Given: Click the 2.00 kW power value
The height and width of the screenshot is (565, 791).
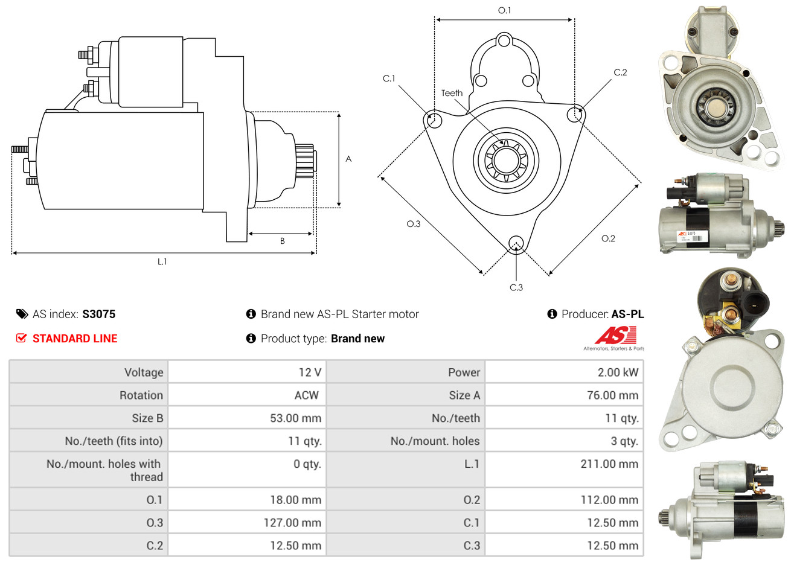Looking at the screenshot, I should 618,372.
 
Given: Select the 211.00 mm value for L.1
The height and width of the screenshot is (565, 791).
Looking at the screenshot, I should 609,464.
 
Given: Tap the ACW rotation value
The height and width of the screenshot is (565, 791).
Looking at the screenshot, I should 306,395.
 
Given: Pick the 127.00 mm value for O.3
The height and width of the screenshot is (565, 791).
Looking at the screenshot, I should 292,523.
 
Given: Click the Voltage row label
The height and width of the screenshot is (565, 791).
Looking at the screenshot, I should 144,372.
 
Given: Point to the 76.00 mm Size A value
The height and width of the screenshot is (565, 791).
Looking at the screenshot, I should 612,395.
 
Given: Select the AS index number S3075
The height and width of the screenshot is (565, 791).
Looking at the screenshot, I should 98,314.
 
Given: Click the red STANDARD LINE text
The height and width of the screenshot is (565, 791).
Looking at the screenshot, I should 75,339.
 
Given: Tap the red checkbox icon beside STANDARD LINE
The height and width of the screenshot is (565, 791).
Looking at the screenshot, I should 21,338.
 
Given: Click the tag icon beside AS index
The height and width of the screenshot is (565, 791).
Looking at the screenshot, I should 22,314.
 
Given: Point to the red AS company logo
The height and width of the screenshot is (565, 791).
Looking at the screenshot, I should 615,336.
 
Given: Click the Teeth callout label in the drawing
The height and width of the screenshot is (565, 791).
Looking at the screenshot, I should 452,93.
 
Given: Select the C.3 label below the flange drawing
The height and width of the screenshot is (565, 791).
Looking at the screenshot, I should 516,287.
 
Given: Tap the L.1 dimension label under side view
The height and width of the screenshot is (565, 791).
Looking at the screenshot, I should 162,261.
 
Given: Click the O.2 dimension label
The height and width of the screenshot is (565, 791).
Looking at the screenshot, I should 608,238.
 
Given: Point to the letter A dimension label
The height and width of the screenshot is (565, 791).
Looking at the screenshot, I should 348,159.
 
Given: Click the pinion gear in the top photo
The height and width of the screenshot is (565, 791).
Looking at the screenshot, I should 714,109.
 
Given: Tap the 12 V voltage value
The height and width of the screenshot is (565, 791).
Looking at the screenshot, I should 310,372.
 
